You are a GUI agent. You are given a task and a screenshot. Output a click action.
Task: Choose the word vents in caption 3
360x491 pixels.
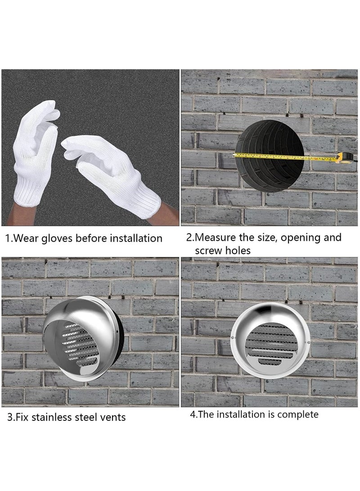(113, 417)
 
